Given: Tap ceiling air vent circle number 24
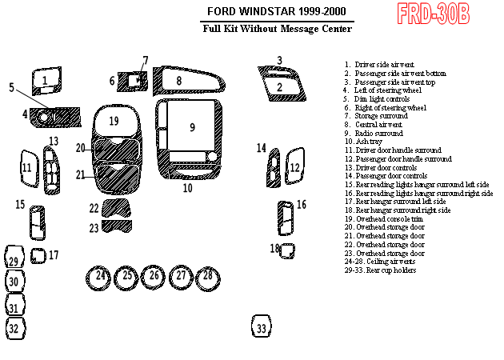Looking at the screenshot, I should coord(100,277).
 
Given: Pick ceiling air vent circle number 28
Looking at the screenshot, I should coord(207,277).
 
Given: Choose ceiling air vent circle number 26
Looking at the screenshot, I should coord(154,277).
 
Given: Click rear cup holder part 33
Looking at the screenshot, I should coord(261,327).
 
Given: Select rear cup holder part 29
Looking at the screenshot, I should coord(14,259).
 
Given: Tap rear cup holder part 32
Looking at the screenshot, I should coord(14,327).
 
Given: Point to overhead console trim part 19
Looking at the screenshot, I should coord(114,122).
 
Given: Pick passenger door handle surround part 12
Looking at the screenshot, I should coord(294,168).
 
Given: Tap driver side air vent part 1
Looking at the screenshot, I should coord(46,80).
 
